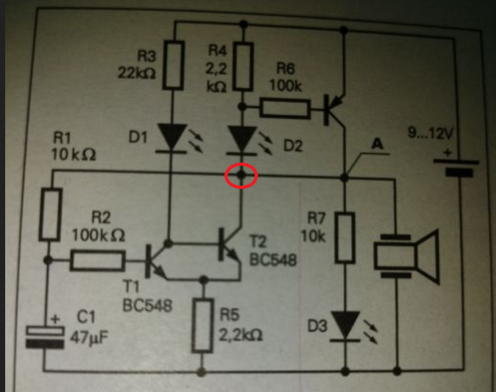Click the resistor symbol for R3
coord(173,65)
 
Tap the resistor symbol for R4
coord(243,66)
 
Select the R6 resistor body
coord(285,109)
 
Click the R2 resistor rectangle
coord(97,261)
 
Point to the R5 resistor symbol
coord(203,326)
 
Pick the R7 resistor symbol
coord(345,238)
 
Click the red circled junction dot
coord(241,174)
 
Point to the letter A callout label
coord(378,144)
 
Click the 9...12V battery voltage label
coord(430,133)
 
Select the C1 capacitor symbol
coord(45,337)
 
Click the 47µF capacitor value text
coord(89,337)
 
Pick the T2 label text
coord(258,242)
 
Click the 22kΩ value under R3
coord(136,73)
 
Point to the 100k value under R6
coord(286,85)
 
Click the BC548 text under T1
coord(147,306)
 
